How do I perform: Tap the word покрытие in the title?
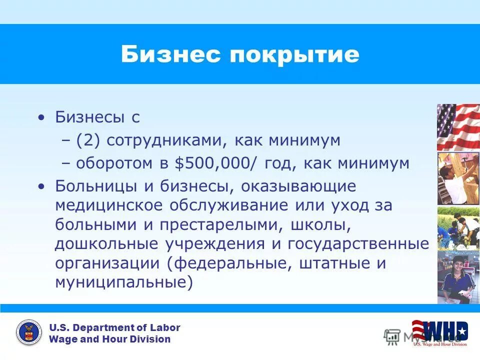tap(294, 55)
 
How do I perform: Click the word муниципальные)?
tap(124, 282)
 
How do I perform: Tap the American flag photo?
tap(458, 127)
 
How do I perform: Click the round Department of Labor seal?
tap(29, 333)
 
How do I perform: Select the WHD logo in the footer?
tap(440, 332)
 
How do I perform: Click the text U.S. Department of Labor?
tap(114, 327)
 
